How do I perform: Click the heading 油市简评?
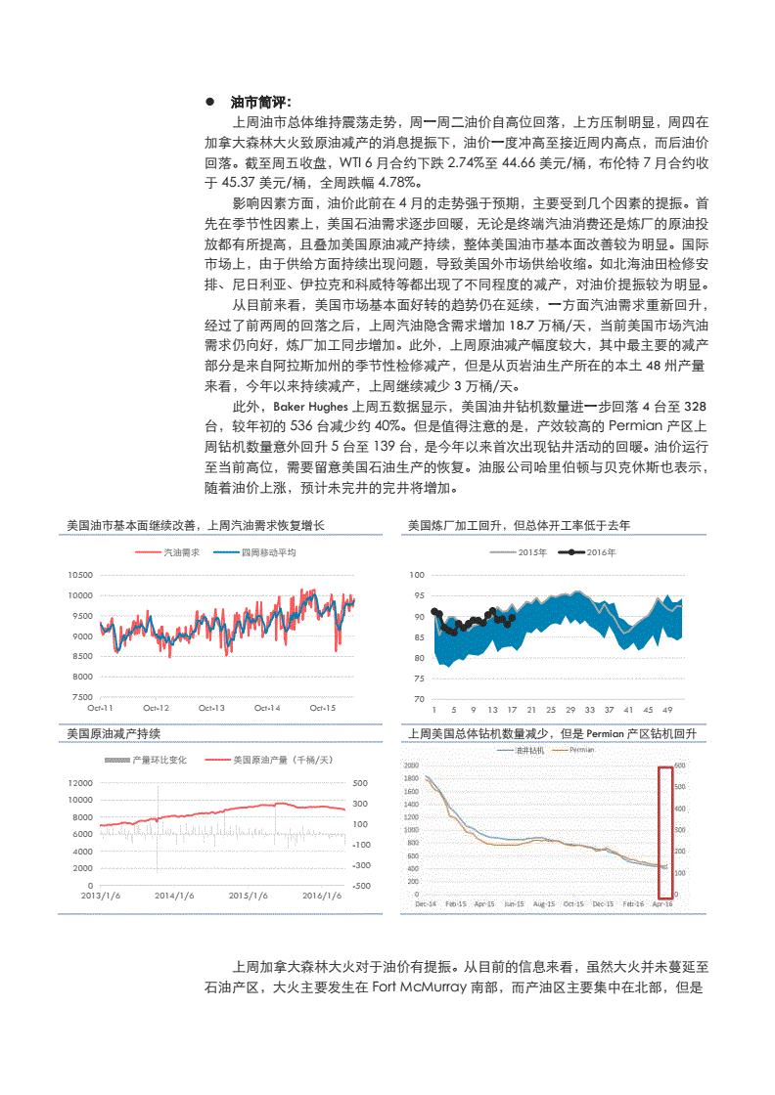pos(259,103)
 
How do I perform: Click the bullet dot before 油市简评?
pos(209,103)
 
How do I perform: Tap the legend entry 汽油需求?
pos(180,552)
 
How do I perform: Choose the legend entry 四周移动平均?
pos(268,552)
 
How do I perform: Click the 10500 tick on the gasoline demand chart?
pos(80,575)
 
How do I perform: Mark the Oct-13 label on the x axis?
pos(211,707)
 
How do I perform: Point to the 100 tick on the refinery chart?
pos(418,575)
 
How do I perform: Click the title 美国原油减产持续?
pos(114,733)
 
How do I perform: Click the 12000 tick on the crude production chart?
pos(80,783)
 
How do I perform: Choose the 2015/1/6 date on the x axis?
pos(249,895)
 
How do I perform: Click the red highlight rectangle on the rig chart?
pos(666,831)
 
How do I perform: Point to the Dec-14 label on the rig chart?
pos(426,904)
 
